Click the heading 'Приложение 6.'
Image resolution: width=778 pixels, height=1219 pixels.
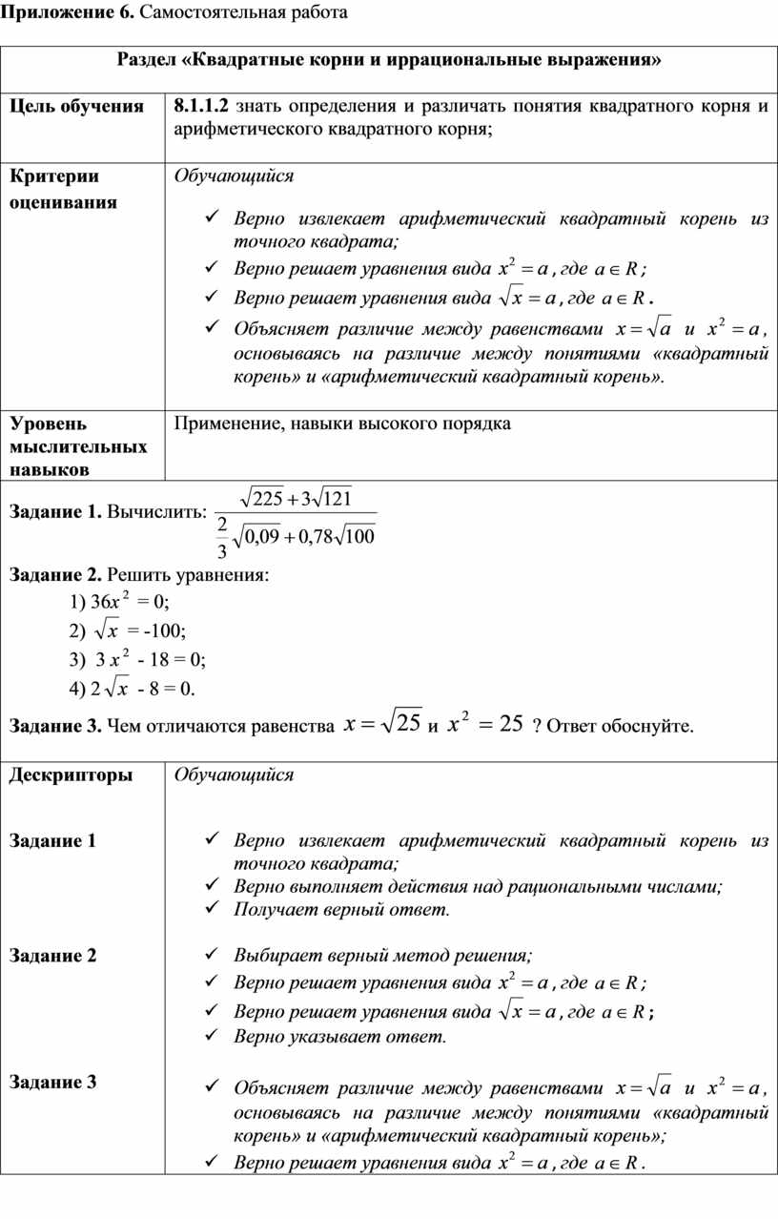59,12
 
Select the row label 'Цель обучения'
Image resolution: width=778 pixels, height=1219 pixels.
77,106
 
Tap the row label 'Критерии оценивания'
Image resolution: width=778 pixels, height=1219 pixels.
67,189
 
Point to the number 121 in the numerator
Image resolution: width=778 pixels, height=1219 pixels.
336,499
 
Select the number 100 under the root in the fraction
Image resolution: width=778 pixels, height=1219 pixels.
359,538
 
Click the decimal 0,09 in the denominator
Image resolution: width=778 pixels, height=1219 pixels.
262,538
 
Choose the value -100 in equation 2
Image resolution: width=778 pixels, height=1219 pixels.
164,630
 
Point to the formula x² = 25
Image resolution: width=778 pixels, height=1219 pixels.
485,725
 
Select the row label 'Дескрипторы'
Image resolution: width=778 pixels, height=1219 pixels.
72,775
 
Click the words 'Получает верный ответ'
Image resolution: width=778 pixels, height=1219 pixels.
340,909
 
